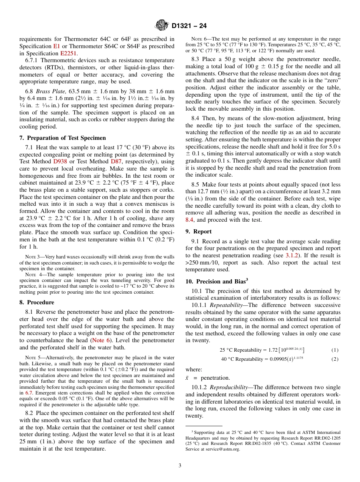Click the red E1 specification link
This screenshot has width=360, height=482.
pos(56,46)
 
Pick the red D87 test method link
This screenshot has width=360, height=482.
pos(116,161)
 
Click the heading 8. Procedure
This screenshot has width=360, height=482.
pos(36,302)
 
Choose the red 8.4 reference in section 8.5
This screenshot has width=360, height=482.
pos(189,220)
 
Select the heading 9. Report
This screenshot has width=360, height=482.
pos(199,232)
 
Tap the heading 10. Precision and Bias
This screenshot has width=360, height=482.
pos(216,282)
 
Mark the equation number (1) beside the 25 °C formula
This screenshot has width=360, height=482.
pos(335,350)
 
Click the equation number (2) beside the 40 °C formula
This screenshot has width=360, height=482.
pos(335,359)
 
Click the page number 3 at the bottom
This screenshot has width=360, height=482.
pos(180,466)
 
